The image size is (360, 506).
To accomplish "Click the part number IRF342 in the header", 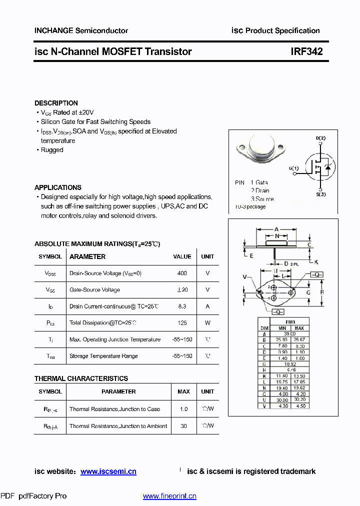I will click(306, 51).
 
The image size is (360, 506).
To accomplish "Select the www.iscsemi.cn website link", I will click(108, 471).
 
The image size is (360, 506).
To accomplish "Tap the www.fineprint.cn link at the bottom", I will click(169, 496).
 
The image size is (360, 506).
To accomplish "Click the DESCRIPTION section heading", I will click(56, 103).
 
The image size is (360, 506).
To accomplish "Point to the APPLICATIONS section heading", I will click(58, 187).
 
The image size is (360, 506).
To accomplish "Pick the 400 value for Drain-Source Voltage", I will click(182, 273).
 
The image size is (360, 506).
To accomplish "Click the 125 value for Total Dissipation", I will click(182, 323).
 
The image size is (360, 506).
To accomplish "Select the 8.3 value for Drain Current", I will click(182, 306).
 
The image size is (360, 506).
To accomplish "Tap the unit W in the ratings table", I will click(207, 323).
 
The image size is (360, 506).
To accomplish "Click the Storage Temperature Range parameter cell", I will click(103, 356).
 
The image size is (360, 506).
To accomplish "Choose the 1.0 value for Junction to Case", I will click(183, 409).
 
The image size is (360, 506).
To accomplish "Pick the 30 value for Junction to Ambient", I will click(183, 426).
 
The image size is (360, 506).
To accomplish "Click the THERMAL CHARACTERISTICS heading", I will click(81, 378).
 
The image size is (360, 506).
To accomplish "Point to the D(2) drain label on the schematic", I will click(320, 138).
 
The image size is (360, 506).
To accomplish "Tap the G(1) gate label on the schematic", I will click(293, 168).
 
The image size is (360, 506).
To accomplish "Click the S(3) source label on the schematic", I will click(320, 194).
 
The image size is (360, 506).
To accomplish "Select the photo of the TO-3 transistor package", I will click(262, 150).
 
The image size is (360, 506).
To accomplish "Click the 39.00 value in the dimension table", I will click(289, 333).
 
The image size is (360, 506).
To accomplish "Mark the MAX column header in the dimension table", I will click(299, 328).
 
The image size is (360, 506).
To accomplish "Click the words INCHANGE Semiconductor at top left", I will click(81, 30).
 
